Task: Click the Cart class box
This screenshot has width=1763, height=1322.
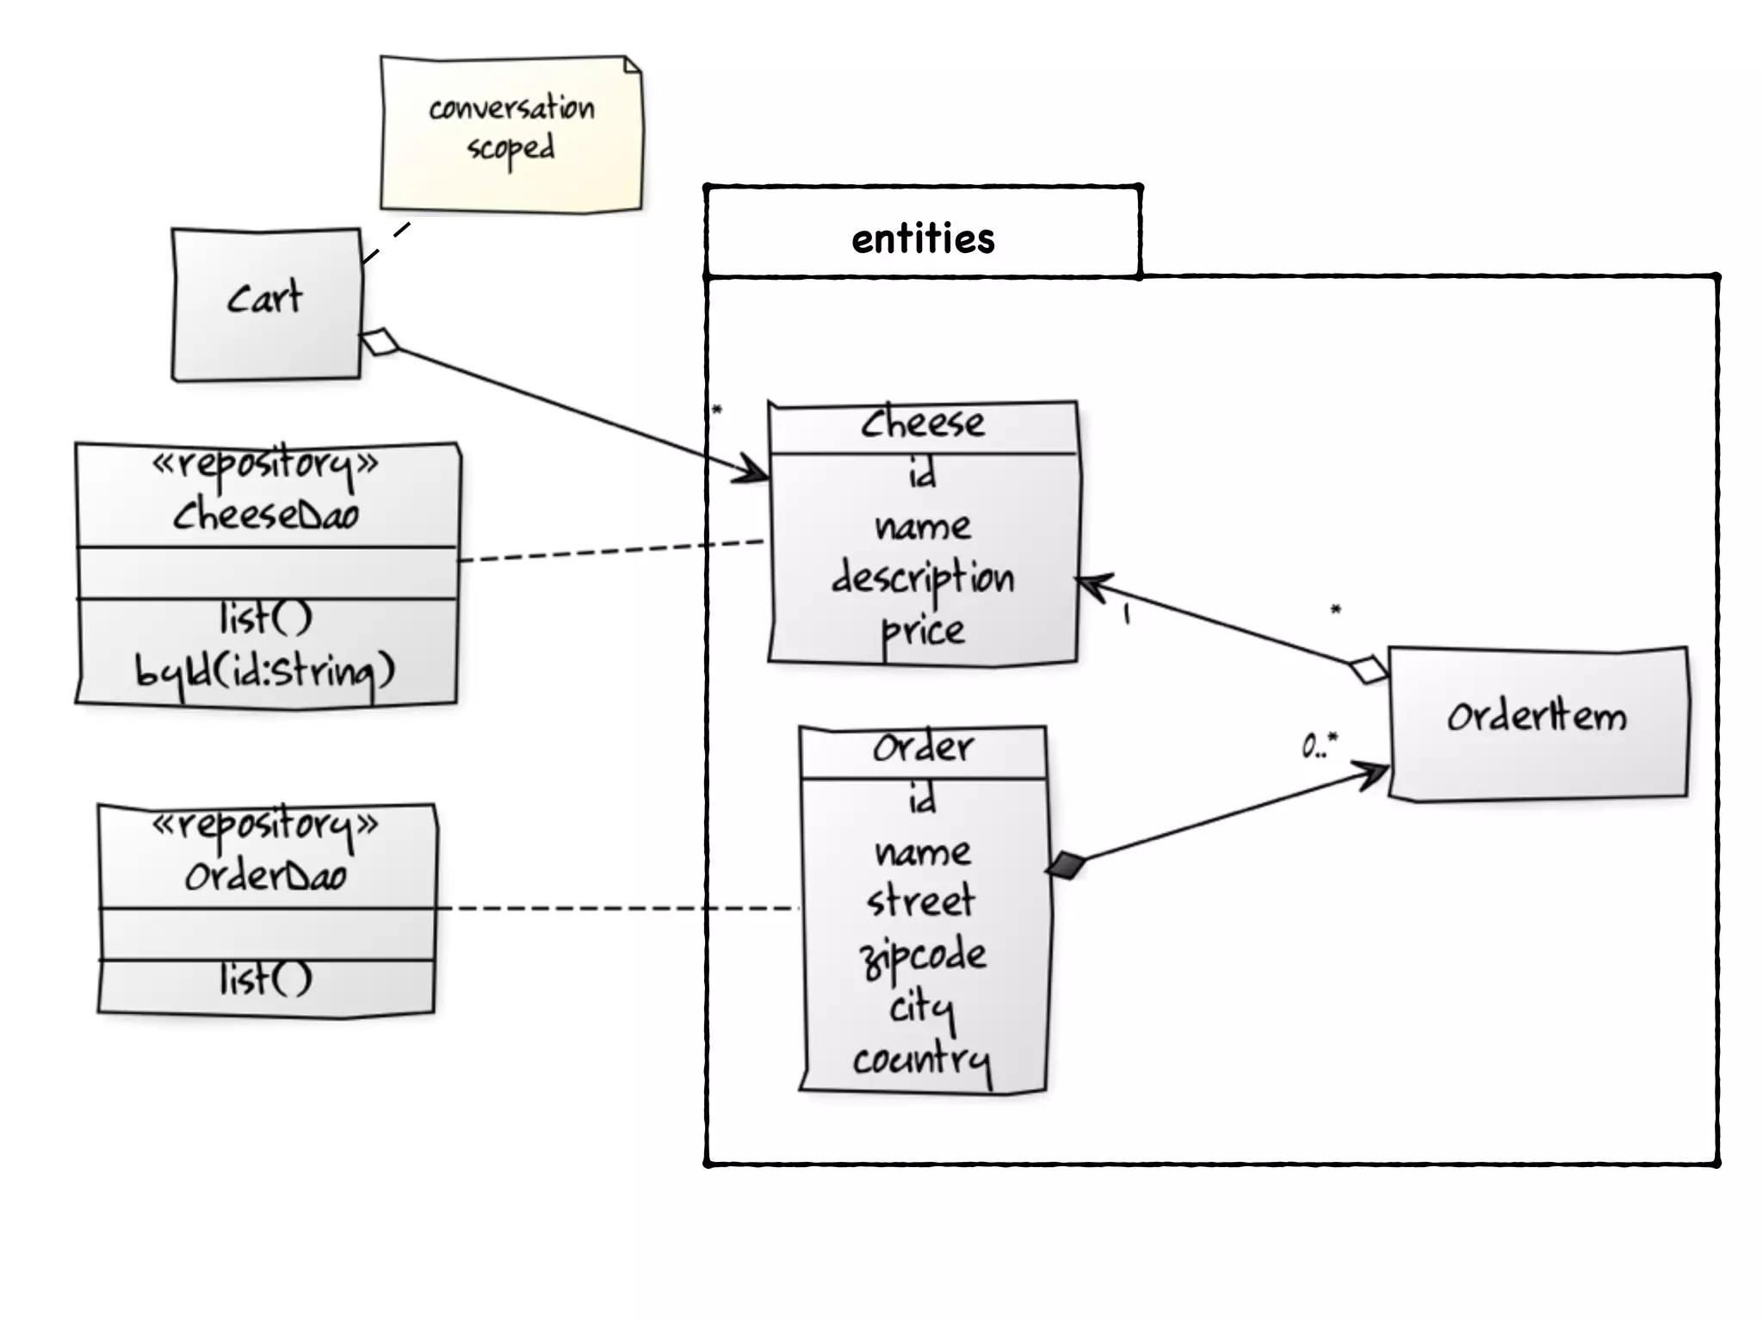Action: [x=266, y=304]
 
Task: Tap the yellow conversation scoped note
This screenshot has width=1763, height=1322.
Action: [x=511, y=133]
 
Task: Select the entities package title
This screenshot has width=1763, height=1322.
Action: [x=923, y=238]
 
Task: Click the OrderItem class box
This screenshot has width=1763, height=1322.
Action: [x=1538, y=724]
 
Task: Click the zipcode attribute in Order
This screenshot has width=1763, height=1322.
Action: [x=923, y=956]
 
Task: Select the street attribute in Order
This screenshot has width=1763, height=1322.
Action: [x=921, y=902]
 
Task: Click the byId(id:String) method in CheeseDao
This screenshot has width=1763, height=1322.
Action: [x=265, y=672]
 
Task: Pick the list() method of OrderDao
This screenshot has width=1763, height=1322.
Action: [x=266, y=979]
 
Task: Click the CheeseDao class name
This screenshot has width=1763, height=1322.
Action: [x=266, y=515]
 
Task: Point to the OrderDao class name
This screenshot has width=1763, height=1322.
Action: [x=266, y=876]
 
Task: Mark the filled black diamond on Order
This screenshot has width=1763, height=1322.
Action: [x=1065, y=865]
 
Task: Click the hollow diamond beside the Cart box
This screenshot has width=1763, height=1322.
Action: [x=380, y=342]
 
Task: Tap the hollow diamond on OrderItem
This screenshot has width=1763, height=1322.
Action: [x=1369, y=670]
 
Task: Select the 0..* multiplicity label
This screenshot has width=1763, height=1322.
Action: [x=1320, y=745]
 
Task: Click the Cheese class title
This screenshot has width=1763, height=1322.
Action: [x=923, y=423]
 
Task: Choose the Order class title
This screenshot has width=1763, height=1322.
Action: [x=923, y=747]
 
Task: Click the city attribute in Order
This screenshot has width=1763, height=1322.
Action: [x=922, y=1009]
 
